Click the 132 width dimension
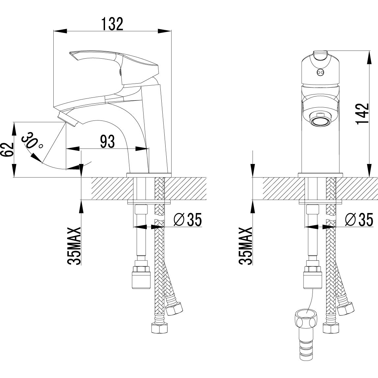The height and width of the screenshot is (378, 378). (112, 23)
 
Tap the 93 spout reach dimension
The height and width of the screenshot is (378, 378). (107, 142)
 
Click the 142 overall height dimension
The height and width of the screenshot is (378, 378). (362, 114)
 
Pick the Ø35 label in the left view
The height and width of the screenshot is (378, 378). (187, 220)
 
